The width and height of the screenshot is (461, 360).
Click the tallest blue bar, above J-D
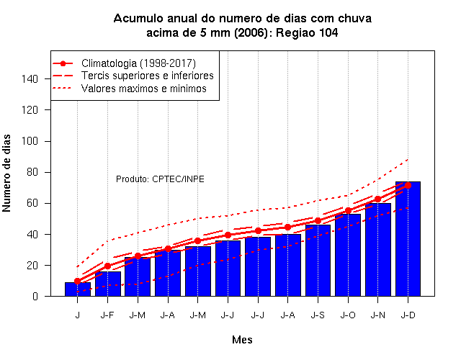click(x=408, y=239)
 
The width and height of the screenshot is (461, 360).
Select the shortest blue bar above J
click(x=78, y=289)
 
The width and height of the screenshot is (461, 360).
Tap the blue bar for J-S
click(x=318, y=261)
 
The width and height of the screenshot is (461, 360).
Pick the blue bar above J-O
click(x=348, y=255)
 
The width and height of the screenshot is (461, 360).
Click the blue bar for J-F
click(x=107, y=284)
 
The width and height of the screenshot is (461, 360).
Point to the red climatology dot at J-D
click(x=408, y=185)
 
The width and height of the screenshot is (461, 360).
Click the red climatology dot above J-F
click(x=107, y=266)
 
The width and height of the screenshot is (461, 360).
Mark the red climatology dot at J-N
click(x=377, y=199)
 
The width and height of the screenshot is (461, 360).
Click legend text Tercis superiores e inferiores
click(x=147, y=76)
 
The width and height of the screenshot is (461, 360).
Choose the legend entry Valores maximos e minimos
click(x=144, y=89)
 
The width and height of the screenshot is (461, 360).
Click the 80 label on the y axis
click(x=32, y=172)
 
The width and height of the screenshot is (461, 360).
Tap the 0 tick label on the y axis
click(x=35, y=296)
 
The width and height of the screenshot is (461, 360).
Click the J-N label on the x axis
click(x=377, y=315)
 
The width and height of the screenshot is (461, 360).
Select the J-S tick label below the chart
click(x=318, y=315)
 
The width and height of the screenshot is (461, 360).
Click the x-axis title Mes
click(x=242, y=340)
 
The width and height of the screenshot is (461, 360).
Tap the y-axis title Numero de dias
click(x=6, y=173)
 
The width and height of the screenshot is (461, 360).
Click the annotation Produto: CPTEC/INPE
click(x=160, y=179)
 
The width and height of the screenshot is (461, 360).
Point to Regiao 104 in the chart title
click(x=307, y=32)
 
